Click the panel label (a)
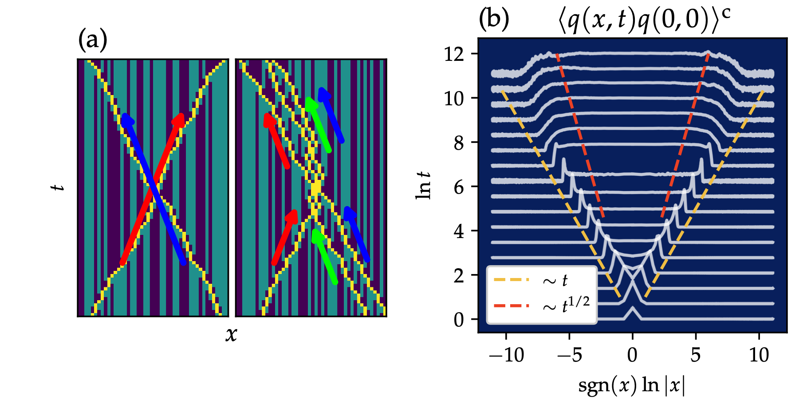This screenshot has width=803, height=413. pos(93,40)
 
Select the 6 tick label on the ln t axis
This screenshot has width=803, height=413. pos(459,187)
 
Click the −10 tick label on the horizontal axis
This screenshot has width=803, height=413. pos(506,355)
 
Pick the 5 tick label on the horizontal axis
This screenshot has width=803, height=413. pos(695,355)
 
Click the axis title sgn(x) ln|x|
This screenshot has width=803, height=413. pos(632,385)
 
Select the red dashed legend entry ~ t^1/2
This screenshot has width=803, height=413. pos(566,306)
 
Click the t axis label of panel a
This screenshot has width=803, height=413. pos(58,187)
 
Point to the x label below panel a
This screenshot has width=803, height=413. pos(231,334)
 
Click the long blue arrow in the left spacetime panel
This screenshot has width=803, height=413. pos(154,189)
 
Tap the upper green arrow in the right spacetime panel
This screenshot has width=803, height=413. pos(318,124)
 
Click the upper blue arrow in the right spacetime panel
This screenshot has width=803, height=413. pos(331,115)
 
